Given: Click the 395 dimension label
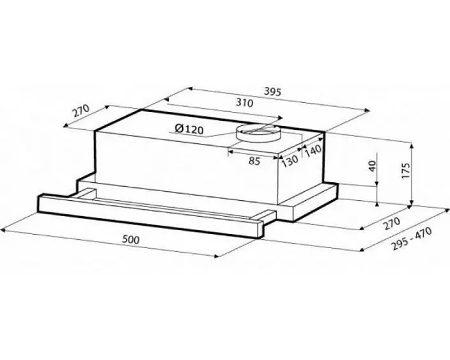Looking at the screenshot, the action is pyautogui.click(x=272, y=92).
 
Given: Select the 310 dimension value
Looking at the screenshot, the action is pyautogui.click(x=244, y=103).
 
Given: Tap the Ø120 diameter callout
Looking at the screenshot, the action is pyautogui.click(x=189, y=129).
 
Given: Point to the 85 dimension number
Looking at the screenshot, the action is pyautogui.click(x=254, y=161).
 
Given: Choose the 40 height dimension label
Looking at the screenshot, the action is pyautogui.click(x=372, y=166).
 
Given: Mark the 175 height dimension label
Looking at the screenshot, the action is pyautogui.click(x=406, y=171).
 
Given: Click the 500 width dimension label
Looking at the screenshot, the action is pyautogui.click(x=130, y=239).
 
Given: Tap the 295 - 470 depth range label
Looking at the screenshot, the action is pyautogui.click(x=412, y=239).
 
